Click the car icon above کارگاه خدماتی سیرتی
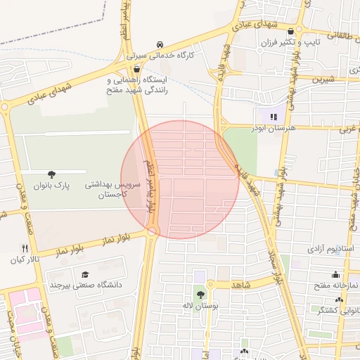pos(161,44)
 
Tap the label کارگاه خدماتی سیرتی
pos(160,54)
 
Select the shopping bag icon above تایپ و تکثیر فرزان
pos(292,31)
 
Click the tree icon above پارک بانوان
pos(51,174)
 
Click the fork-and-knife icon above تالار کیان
pos(26,248)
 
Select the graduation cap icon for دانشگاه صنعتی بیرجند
pos(85,274)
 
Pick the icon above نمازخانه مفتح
pos(336,274)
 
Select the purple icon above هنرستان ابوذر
pos(273,117)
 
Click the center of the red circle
pos(180,180)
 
